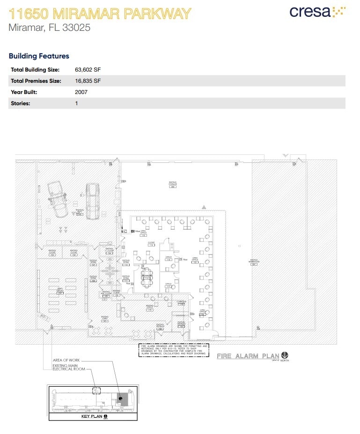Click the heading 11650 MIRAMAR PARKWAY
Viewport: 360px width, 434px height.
click(100, 13)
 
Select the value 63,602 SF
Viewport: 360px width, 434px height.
click(88, 70)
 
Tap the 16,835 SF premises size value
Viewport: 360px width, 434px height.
click(88, 81)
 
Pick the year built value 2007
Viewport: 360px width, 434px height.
click(81, 92)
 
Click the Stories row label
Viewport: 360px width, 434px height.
click(20, 103)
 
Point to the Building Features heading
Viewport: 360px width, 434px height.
click(39, 56)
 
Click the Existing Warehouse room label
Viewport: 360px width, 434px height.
click(254, 261)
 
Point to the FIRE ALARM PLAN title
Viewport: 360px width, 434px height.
click(247, 356)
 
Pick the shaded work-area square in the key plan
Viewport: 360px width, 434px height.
click(123, 399)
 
